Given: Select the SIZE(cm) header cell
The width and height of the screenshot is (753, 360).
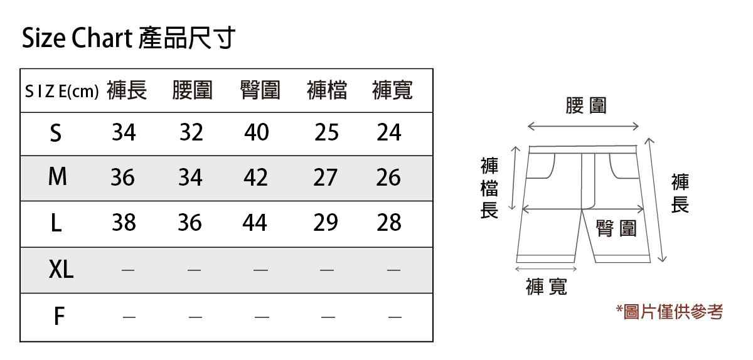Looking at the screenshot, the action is tap(61, 92).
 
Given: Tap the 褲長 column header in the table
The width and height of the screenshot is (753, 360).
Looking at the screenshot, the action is tap(127, 91).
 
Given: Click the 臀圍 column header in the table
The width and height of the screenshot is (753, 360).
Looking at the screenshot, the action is tap(260, 91).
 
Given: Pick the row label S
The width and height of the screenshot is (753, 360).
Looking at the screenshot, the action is tap(56, 133).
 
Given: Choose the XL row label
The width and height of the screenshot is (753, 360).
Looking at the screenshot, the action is tap(61, 270).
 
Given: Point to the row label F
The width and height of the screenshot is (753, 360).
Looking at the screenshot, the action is tap(59, 317).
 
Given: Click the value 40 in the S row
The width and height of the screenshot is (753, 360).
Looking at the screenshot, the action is tap(256, 132).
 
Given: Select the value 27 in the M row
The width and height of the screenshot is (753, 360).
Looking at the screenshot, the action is tap(325, 178).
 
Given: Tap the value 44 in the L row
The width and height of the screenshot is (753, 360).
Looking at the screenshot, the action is tap(255, 223).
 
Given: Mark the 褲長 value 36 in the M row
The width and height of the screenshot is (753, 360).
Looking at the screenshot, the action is tap(122, 178).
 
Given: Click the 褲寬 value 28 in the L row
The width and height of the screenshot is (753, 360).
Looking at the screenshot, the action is tap(388, 223).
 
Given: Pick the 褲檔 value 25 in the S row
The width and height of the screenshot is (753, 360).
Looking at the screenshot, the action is tap(326, 132).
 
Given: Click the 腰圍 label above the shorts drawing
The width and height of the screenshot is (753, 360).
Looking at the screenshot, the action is tap(586, 106).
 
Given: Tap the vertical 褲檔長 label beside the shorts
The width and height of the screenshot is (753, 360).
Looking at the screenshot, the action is tap(489, 188).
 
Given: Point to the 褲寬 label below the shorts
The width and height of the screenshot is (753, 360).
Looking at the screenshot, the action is tap(546, 287).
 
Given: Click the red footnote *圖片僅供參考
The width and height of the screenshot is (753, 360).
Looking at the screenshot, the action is tap(669, 312).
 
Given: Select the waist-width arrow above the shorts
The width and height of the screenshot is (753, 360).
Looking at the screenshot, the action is tap(583, 127).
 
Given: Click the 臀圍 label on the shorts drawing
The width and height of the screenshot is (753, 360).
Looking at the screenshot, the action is tap(616, 229).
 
